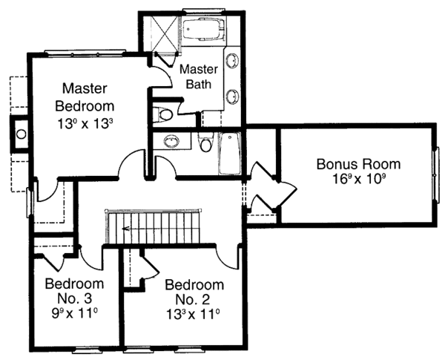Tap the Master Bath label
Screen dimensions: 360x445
(x=198, y=76)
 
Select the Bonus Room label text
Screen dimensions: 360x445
(x=358, y=164)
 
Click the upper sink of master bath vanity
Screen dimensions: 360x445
(x=232, y=62)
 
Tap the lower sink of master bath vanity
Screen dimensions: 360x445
(x=232, y=95)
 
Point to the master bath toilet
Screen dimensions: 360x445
(x=164, y=114)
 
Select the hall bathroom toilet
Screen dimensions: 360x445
(x=207, y=143)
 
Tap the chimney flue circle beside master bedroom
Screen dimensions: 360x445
(x=21, y=134)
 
